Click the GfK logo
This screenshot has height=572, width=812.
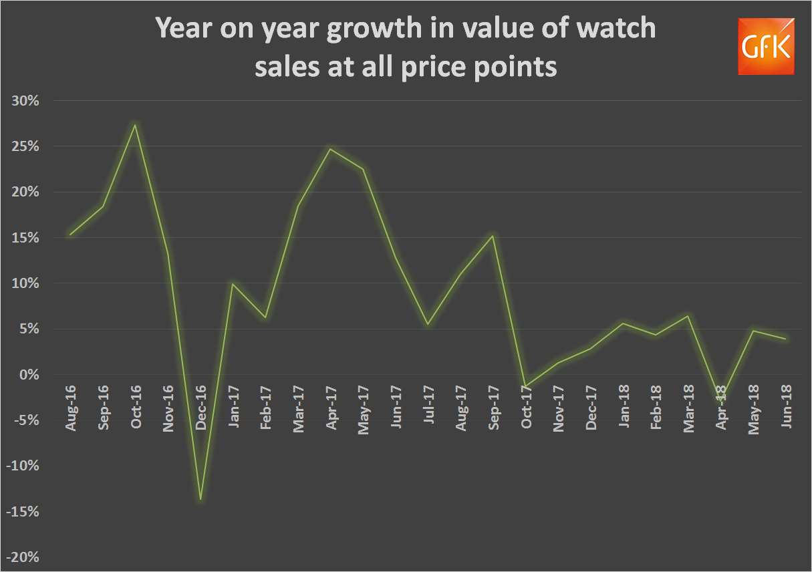766,46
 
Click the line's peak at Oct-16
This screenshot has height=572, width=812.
135,125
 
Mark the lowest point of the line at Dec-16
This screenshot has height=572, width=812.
200,499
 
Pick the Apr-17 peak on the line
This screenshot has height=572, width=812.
330,148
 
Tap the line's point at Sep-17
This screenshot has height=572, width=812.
493,235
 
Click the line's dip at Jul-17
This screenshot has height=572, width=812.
428,324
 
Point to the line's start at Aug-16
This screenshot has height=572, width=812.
70,235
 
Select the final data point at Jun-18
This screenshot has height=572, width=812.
785,339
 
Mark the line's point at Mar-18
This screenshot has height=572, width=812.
687,316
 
